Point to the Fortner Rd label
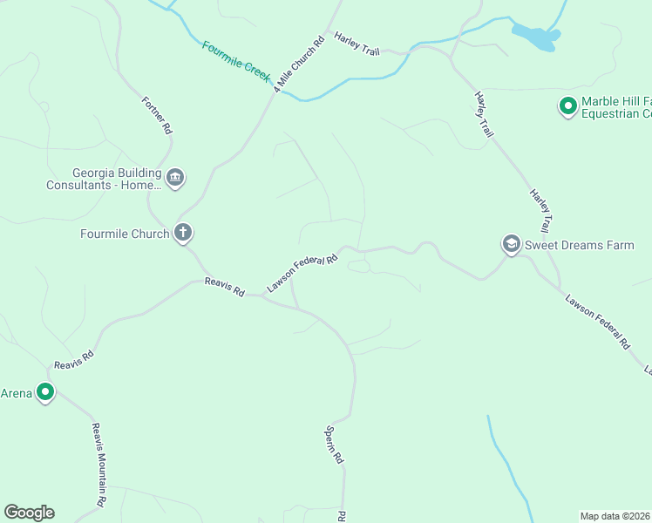(x=157, y=114)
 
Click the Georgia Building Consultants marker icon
(x=175, y=179)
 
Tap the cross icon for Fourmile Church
(x=183, y=233)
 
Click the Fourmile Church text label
(x=124, y=234)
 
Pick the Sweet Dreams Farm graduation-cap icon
(x=511, y=245)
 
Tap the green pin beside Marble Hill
(x=567, y=107)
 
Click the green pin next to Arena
(x=44, y=393)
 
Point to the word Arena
(x=17, y=393)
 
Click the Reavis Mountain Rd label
(x=99, y=465)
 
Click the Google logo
(x=29, y=513)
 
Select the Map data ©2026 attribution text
(x=615, y=516)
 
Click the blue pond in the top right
(x=535, y=37)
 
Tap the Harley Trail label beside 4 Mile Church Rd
(x=357, y=46)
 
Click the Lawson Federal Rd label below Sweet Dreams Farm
(x=597, y=322)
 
